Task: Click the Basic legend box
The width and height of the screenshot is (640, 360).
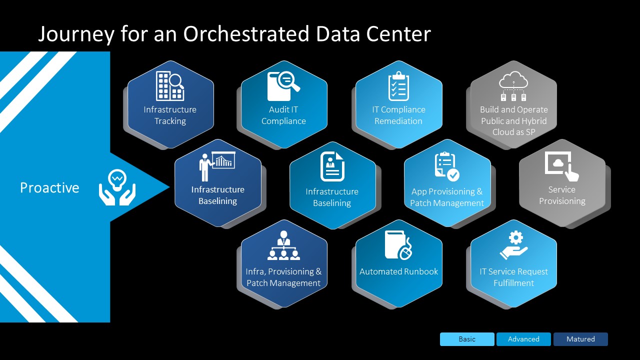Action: pyautogui.click(x=467, y=339)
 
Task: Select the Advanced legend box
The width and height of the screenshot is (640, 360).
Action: pyautogui.click(x=523, y=339)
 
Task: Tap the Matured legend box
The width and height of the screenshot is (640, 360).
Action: pyautogui.click(x=580, y=339)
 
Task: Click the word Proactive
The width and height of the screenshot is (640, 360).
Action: pyautogui.click(x=49, y=187)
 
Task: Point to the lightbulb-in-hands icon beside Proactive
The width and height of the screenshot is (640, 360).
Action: pyautogui.click(x=117, y=187)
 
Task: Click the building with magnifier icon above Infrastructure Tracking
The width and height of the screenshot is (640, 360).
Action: pyautogui.click(x=170, y=85)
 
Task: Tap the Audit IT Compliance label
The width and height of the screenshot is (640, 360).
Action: pyautogui.click(x=283, y=115)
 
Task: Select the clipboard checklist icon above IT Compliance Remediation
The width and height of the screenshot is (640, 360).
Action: pyautogui.click(x=398, y=85)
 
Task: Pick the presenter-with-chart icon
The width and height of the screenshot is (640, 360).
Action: pyautogui.click(x=217, y=166)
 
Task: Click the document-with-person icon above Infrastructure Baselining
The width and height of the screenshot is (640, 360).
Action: pyautogui.click(x=332, y=166)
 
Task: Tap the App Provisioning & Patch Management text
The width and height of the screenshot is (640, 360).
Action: pyautogui.click(x=447, y=197)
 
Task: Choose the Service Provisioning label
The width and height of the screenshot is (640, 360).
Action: pyautogui.click(x=562, y=195)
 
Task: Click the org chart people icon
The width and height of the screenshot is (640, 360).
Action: pyautogui.click(x=283, y=245)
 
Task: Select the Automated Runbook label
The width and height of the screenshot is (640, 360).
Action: pyautogui.click(x=398, y=271)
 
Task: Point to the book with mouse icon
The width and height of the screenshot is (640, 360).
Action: pyautogui.click(x=398, y=245)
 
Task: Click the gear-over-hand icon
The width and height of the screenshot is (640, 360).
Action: pyautogui.click(x=513, y=245)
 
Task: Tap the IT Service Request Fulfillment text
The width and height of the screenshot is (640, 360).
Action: pyautogui.click(x=513, y=277)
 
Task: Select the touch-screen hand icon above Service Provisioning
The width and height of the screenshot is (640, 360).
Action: pyautogui.click(x=562, y=166)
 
